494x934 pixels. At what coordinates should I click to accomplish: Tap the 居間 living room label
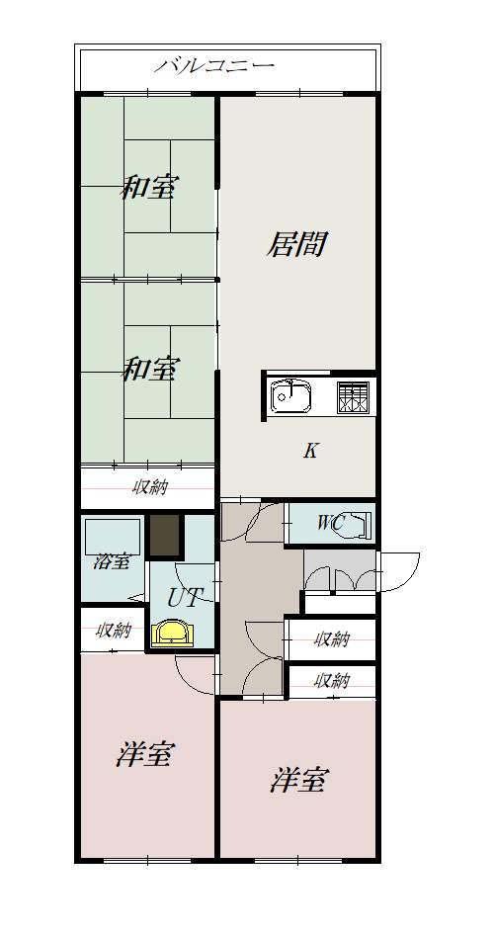coord(295,243)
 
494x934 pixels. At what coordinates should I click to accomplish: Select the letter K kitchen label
coord(310,452)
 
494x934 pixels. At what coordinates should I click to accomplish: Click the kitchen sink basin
coord(291,396)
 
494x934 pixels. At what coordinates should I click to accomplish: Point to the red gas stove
coord(352,397)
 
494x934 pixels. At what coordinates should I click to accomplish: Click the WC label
coord(330,524)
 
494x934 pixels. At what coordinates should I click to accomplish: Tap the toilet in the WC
coord(359,524)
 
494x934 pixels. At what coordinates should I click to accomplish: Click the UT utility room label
coord(184,597)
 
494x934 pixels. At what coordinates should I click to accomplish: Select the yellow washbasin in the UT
coord(173,633)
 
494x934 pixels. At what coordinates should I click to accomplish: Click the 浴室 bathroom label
coord(111,562)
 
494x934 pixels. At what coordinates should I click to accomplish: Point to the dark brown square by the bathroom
coord(165,537)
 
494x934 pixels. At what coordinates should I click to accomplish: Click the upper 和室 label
coord(149,188)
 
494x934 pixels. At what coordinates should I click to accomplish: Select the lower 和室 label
coord(149,370)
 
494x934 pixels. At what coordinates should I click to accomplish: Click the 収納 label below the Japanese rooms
coord(149,486)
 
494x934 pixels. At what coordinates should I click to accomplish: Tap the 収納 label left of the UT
coord(112,630)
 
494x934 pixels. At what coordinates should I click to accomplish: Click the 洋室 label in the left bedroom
coord(145,756)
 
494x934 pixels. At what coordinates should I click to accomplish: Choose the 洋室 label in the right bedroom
coord(298,780)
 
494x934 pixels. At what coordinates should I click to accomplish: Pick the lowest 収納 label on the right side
coord(332,680)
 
